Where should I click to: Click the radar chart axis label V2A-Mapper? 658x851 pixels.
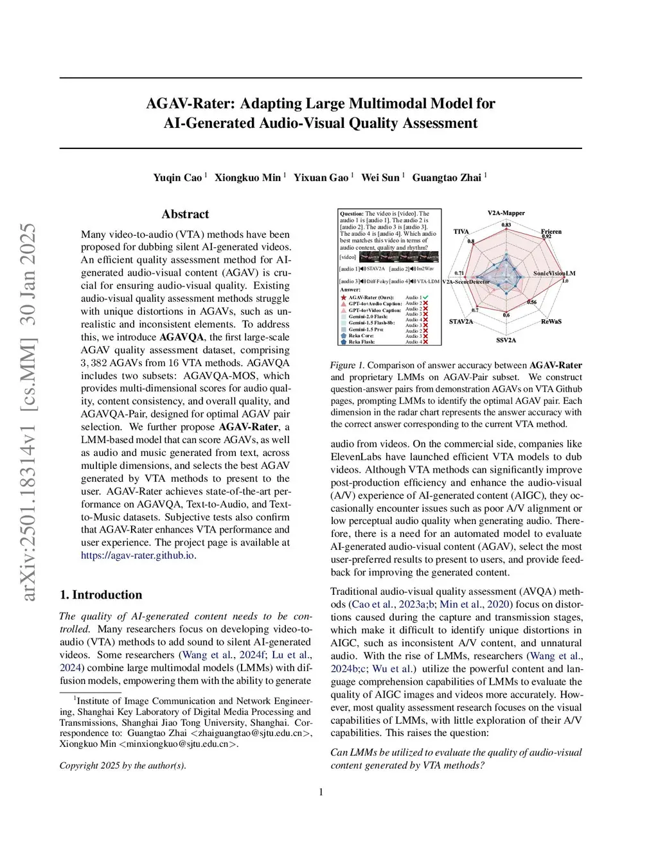tap(506, 213)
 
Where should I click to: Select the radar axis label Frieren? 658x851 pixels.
tap(551, 231)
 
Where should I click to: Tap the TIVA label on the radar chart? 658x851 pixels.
tap(461, 231)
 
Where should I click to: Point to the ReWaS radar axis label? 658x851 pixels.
tap(551, 321)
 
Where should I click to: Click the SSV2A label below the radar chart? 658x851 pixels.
tap(506, 340)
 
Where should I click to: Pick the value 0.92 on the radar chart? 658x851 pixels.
tap(546, 237)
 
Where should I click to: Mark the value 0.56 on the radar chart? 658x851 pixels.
tap(532, 302)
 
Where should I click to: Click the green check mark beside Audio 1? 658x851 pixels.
tap(425, 297)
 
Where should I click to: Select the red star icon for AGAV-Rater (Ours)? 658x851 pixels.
tap(344, 297)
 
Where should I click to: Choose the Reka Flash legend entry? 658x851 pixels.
tap(361, 342)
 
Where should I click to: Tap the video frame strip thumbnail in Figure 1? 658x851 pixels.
tap(398, 257)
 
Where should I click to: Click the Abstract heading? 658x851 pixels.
tap(185, 215)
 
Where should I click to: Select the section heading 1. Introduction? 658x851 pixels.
tap(101, 595)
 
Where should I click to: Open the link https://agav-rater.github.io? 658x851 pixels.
tap(137, 556)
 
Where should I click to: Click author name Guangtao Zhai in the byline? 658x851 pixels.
tap(447, 178)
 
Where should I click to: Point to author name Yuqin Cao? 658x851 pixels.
tap(177, 178)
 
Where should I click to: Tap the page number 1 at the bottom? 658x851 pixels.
tap(321, 792)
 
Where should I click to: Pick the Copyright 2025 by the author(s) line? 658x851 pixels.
tap(123, 766)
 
